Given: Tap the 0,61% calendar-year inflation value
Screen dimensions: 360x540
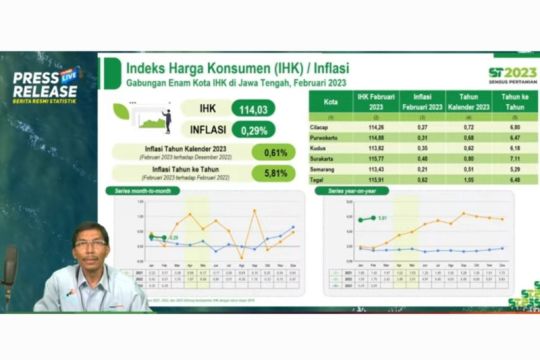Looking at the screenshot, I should click(272, 152).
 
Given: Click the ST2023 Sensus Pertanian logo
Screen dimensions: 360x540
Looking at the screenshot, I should click(513, 75).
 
